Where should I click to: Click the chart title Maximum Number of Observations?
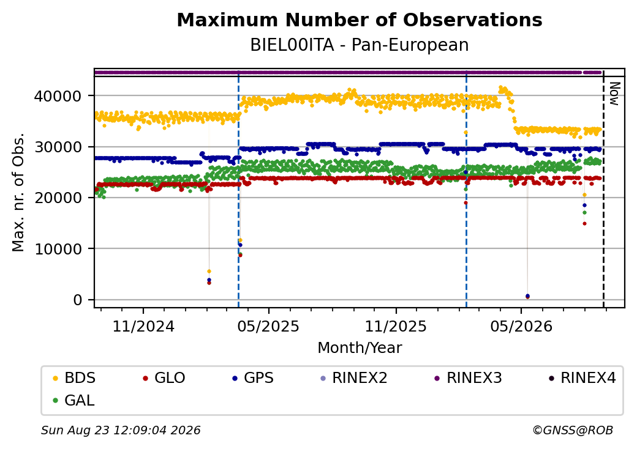click(360, 20)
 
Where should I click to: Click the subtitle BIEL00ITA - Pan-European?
click(360, 45)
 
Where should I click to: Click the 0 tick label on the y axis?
click(78, 300)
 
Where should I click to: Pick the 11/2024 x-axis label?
click(143, 326)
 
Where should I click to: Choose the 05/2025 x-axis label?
click(268, 326)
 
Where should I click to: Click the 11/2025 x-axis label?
click(396, 326)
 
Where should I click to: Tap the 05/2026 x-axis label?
click(521, 326)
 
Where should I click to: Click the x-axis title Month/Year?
click(360, 347)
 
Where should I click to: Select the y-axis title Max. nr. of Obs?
click(18, 192)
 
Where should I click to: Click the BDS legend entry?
click(74, 378)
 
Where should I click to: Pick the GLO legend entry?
click(164, 378)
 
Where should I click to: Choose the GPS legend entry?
click(253, 378)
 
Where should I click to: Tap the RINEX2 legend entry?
click(354, 378)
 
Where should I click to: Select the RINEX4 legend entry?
click(582, 378)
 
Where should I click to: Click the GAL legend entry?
click(74, 400)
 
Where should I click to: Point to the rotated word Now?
click(614, 94)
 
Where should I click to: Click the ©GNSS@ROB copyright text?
click(573, 430)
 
